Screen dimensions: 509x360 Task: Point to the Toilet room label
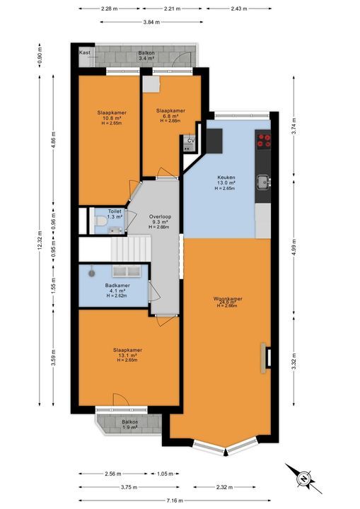[115, 212]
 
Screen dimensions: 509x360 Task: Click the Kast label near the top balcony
[86, 53]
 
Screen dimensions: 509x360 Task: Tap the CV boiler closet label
[190, 141]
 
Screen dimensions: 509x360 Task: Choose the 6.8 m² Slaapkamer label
[170, 115]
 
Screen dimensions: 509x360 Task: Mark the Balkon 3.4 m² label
[146, 56]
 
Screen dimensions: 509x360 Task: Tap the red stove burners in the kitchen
[264, 140]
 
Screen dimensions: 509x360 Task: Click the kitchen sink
[264, 182]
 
